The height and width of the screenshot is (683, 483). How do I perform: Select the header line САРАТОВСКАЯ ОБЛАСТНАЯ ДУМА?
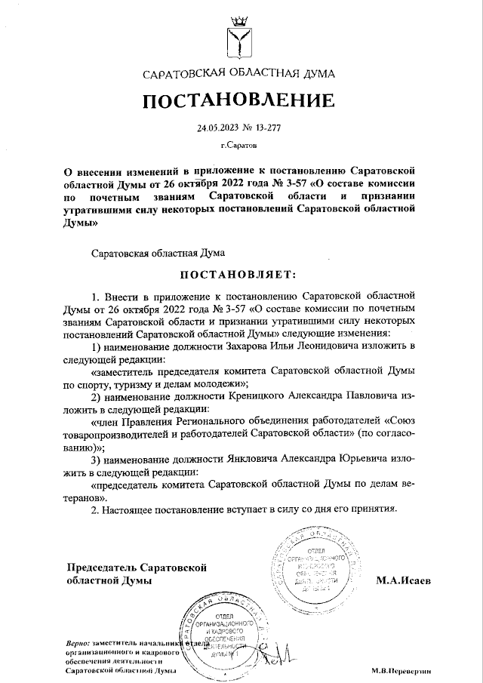[x=241, y=74]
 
